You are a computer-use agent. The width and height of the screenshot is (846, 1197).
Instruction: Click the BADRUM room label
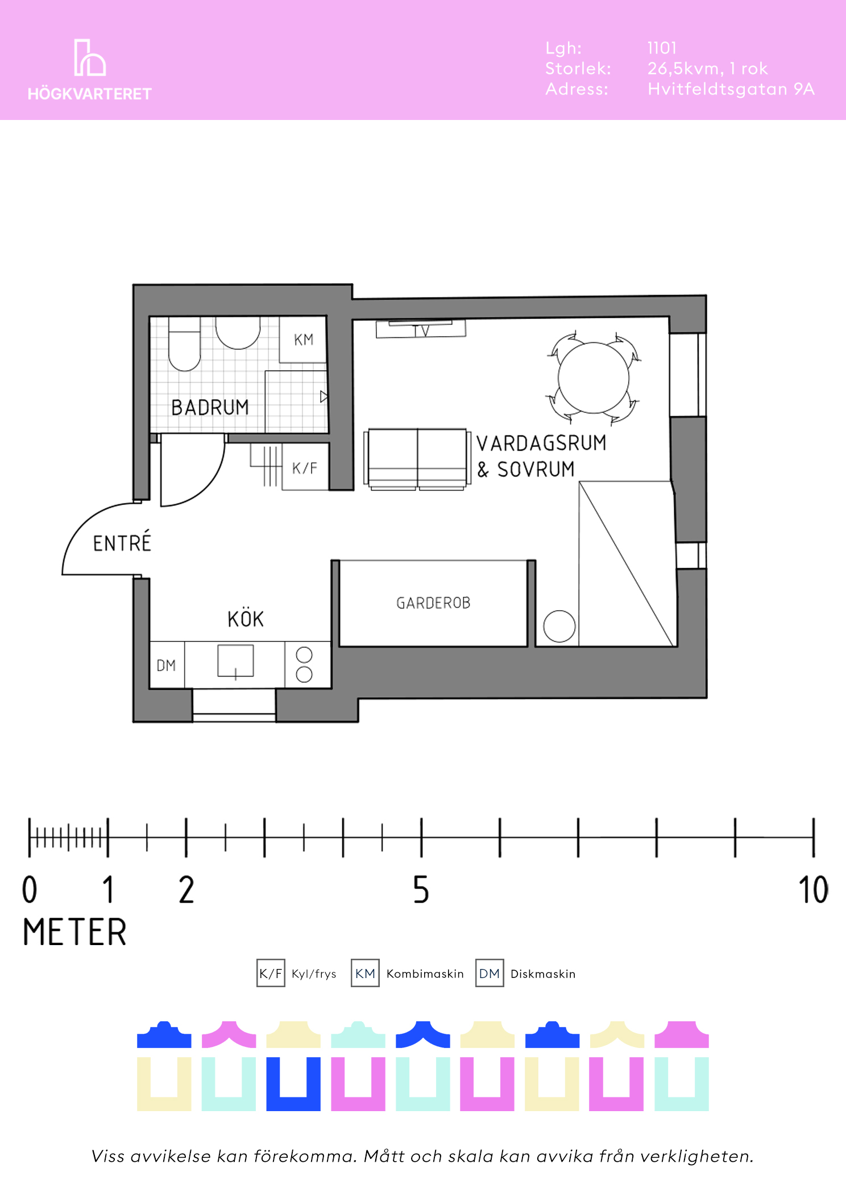tap(210, 407)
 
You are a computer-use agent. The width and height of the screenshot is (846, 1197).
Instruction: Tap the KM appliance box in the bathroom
tap(303, 339)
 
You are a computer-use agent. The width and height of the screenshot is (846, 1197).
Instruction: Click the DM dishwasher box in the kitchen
tap(167, 665)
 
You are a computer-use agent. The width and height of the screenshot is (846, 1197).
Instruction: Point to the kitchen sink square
tap(235, 661)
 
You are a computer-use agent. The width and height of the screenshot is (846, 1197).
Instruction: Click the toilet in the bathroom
tap(185, 344)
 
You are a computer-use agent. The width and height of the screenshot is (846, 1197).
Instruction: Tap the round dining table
tap(594, 378)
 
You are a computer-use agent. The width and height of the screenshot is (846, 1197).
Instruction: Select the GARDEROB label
tap(433, 603)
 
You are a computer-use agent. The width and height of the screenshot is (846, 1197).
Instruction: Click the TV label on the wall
tap(421, 330)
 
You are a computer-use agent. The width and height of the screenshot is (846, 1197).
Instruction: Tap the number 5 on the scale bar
tap(421, 890)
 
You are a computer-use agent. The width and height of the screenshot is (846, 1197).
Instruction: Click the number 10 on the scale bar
tap(813, 890)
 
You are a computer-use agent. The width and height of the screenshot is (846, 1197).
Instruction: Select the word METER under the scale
tap(74, 932)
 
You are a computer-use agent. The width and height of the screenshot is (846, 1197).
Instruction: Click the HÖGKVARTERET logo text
tap(90, 94)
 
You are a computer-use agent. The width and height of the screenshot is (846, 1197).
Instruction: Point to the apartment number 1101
tap(662, 48)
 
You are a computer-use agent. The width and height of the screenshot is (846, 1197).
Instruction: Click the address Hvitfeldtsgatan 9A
tap(731, 89)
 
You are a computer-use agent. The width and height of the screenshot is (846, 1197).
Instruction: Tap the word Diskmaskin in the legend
tap(543, 974)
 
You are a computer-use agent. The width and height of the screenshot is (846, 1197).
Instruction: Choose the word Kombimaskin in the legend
tap(425, 974)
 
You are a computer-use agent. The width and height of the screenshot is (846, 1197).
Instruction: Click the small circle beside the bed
tap(559, 626)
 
